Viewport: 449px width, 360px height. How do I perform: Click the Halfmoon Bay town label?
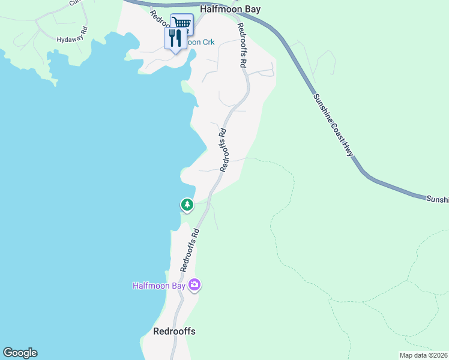[x=240, y=10]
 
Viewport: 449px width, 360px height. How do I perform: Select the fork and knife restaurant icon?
[x=175, y=39]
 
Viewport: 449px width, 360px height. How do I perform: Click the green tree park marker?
[x=187, y=205]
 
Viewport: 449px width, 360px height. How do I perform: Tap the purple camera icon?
[x=194, y=285]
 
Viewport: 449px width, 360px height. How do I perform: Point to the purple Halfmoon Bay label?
[x=159, y=286]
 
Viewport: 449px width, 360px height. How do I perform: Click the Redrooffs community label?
[x=174, y=331]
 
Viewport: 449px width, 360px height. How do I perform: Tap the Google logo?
[x=20, y=353]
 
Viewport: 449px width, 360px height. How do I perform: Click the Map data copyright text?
[x=424, y=355]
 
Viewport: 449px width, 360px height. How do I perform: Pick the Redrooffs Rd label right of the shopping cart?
[x=242, y=44]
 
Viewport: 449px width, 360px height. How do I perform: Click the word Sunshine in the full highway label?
[x=322, y=110]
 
